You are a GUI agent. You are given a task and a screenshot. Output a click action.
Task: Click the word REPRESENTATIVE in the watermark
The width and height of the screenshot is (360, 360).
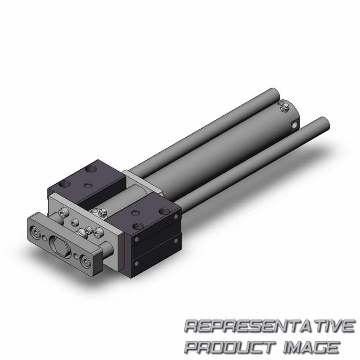click(x=269, y=327)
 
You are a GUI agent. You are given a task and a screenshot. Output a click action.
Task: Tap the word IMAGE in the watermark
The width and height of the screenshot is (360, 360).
click(x=311, y=347)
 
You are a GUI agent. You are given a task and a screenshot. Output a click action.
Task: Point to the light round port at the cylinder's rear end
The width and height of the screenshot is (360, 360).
click(x=295, y=125)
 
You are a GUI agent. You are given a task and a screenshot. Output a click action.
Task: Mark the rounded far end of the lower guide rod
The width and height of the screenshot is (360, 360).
click(x=324, y=123)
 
